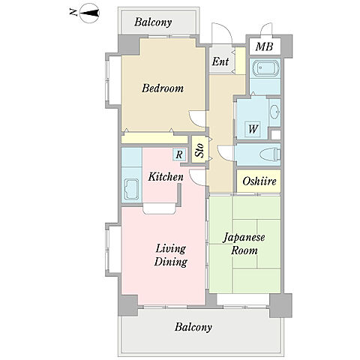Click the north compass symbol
coord(89,13)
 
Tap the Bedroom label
coord(163,88)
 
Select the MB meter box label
coord(264,46)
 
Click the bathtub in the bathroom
coord(265,67)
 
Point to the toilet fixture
coord(270,154)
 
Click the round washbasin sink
coord(274,112)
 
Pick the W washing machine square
coord(253,129)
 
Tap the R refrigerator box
coord(179,154)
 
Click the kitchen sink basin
coord(131,189)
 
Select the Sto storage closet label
coord(199,150)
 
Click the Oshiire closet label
coord(259,181)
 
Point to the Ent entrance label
coord(220,61)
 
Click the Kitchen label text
coord(166,177)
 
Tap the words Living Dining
coord(171,255)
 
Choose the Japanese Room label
coord(244,244)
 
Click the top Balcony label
coord(153,22)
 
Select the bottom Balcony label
coord(193,327)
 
